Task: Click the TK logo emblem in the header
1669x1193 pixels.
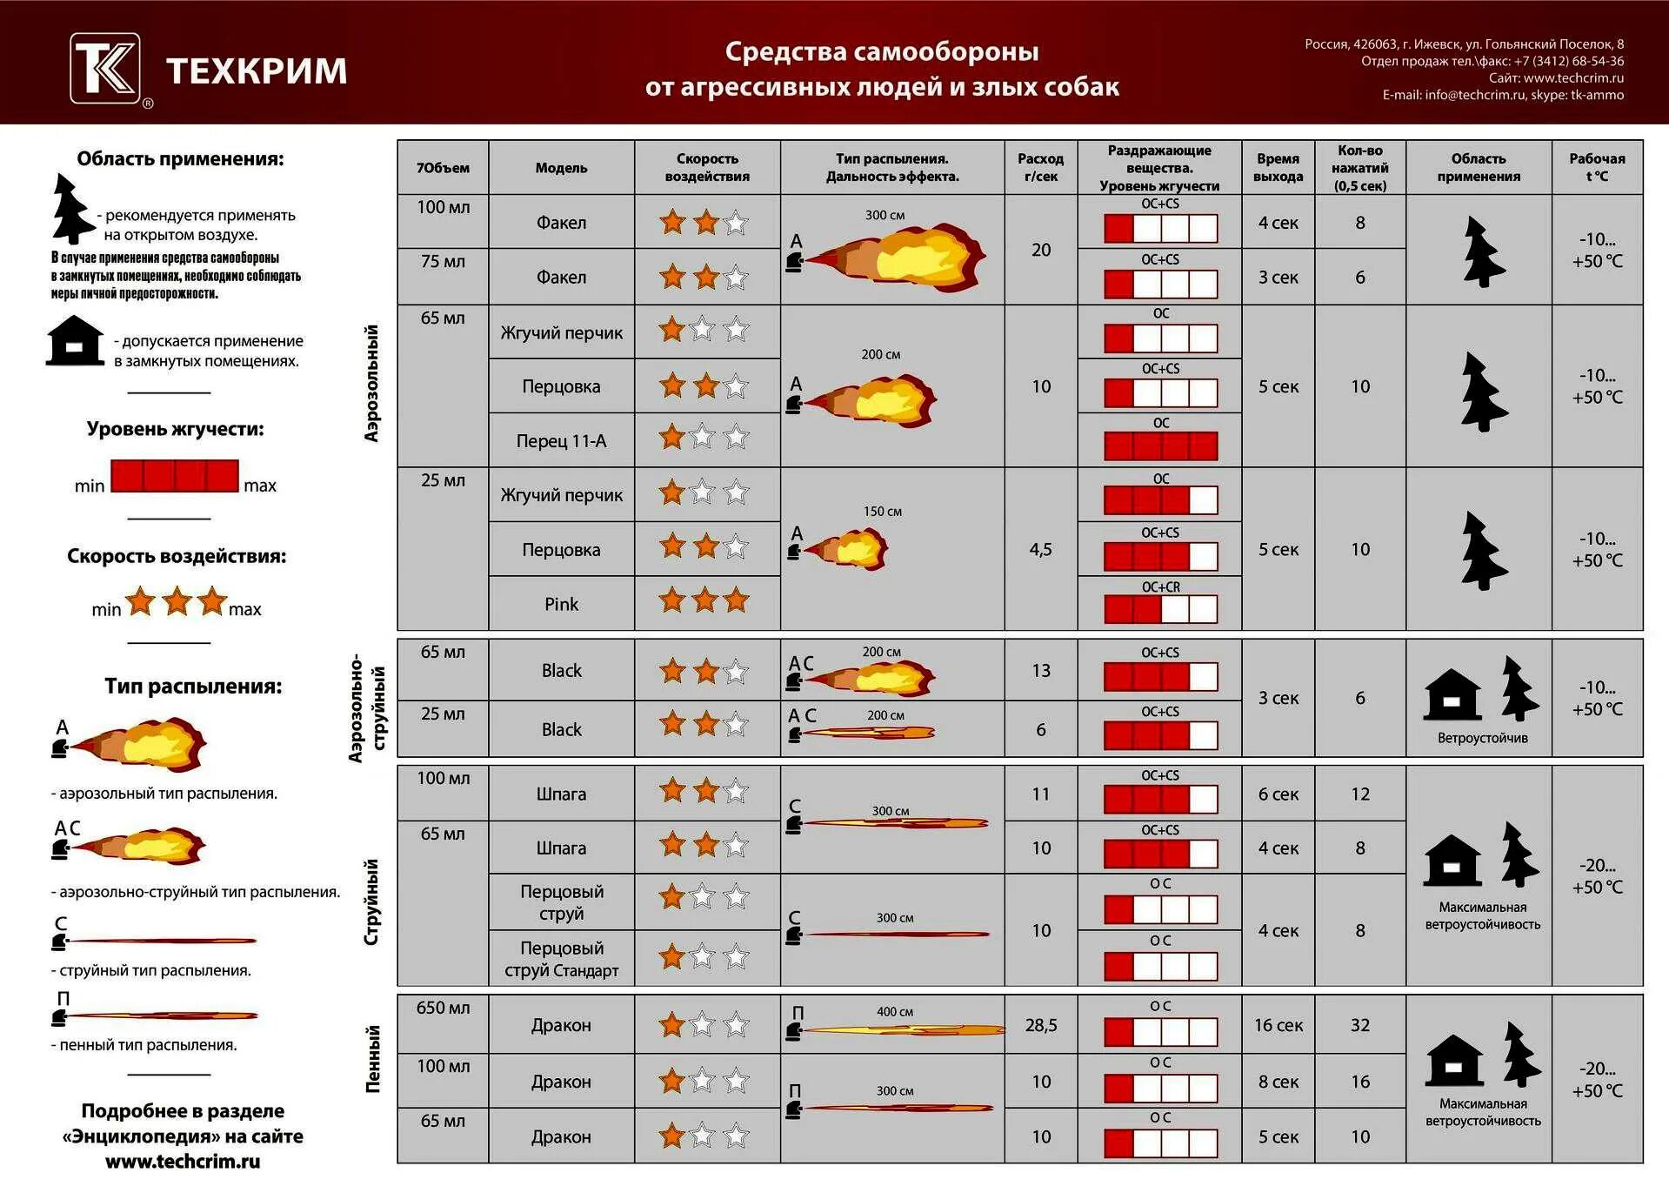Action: (105, 69)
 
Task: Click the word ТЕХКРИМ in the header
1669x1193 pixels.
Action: (257, 70)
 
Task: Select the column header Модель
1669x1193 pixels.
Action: (561, 168)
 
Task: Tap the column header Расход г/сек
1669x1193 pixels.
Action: (1040, 167)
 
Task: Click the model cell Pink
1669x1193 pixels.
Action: (561, 604)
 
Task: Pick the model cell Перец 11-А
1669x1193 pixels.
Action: (561, 441)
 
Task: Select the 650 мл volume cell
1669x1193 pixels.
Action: (443, 1008)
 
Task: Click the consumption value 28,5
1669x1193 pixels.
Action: (1040, 1025)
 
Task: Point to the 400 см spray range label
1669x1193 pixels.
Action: (894, 1012)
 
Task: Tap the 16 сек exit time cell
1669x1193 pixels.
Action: (1278, 1025)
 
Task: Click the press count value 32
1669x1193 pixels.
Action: (1360, 1025)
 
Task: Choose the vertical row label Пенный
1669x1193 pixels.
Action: (373, 1058)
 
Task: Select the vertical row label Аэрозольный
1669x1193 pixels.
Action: (371, 383)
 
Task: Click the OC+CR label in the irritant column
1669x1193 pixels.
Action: (1160, 587)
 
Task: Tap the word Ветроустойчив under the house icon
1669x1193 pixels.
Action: (1482, 738)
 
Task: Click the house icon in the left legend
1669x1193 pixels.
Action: (75, 341)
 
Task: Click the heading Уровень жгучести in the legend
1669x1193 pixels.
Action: (175, 429)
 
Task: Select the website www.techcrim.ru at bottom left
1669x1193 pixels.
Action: (183, 1161)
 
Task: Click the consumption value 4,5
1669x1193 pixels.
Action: (1040, 549)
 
